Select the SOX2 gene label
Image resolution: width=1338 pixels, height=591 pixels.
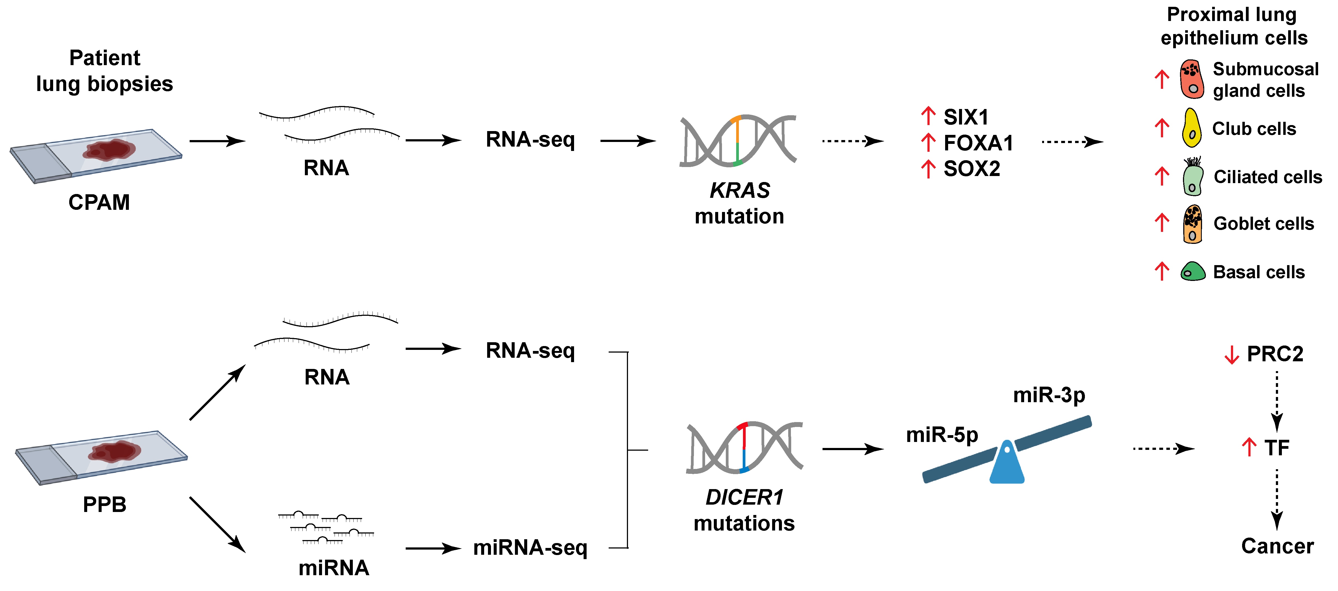tap(971, 169)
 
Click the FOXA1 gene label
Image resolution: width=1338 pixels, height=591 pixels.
tap(978, 143)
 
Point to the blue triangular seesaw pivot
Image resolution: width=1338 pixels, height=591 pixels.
tap(1007, 464)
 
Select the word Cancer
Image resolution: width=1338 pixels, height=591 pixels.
tap(1277, 546)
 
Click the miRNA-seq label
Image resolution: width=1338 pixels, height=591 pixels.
tap(530, 548)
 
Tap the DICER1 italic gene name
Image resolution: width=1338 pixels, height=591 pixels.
tap(744, 498)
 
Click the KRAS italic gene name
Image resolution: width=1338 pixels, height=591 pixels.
tap(740, 190)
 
